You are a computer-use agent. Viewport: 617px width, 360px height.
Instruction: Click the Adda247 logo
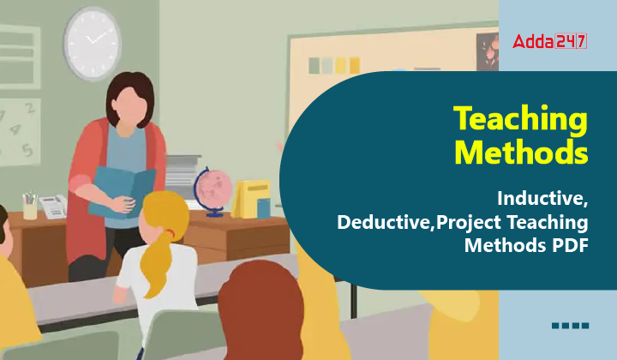[549, 41]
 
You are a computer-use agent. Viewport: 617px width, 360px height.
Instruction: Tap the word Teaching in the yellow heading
[521, 118]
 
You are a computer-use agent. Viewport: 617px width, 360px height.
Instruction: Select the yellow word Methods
[521, 152]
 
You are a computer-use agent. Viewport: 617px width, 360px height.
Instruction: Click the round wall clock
[93, 43]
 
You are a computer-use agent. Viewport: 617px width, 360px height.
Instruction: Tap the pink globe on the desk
[213, 190]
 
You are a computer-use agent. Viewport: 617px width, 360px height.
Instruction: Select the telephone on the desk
[53, 207]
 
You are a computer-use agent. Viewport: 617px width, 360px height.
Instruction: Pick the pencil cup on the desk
[30, 206]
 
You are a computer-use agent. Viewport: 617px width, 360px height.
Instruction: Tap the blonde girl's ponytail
[158, 263]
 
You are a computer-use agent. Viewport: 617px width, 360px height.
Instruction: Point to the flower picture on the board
[488, 52]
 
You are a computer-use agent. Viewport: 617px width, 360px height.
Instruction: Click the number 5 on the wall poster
[27, 150]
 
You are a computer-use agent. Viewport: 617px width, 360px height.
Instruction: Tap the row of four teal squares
[570, 326]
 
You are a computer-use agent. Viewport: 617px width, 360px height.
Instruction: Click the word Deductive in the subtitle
[385, 222]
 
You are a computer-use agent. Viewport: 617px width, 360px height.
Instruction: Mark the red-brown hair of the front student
[261, 311]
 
